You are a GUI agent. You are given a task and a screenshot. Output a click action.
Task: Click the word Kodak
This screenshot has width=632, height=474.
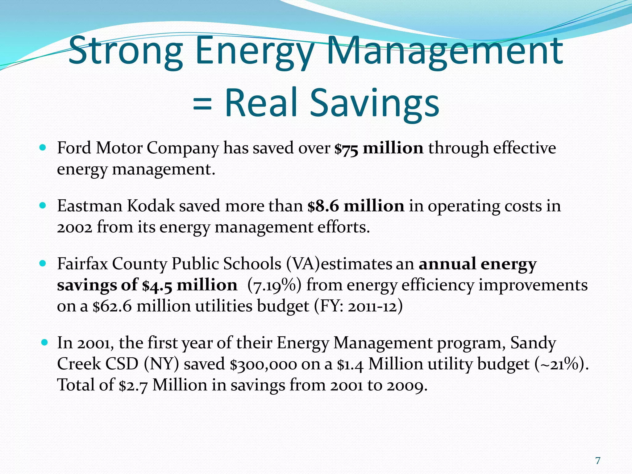tap(151, 206)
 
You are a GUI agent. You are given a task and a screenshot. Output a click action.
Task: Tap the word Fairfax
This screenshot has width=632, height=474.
tap(82, 264)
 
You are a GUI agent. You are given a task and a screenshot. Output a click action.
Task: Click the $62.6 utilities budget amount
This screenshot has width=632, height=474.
tap(112, 306)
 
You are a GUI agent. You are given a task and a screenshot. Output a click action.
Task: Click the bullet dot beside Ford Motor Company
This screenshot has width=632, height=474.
tap(43, 148)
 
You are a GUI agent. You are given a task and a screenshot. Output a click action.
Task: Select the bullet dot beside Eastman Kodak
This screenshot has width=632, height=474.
tap(43, 206)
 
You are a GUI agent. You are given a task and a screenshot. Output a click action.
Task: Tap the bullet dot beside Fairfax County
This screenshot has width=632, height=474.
tap(43, 264)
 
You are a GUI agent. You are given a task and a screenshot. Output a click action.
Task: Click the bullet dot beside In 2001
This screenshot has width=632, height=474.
tap(44, 342)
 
